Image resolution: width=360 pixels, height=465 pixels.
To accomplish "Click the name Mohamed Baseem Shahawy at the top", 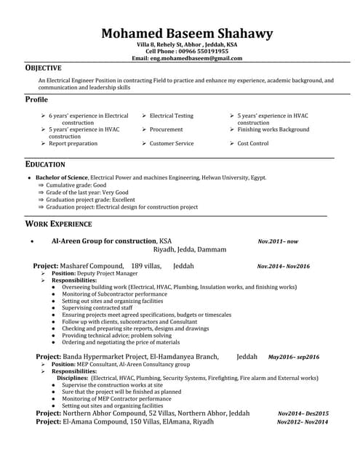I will [187, 34].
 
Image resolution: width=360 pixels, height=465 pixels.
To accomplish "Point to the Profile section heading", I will [36, 99].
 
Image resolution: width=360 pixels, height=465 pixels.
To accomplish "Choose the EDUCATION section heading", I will [45, 164].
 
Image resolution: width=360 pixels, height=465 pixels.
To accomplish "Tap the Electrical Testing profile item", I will [172, 116].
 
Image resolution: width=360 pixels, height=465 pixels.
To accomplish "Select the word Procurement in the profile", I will [167, 129].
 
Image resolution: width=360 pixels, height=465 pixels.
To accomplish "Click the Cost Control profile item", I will [253, 143].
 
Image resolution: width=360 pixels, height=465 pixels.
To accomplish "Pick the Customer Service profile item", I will [172, 143].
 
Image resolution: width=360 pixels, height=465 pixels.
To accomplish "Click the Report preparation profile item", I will [73, 143].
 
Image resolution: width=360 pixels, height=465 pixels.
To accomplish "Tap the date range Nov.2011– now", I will [278, 240].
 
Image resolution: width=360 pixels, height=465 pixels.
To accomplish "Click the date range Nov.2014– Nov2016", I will [284, 267].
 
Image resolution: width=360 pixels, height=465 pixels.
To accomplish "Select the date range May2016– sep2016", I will [294, 357].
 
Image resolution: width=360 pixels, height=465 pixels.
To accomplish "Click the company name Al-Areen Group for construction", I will [104, 240].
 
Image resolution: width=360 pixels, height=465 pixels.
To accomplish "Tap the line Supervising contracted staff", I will [97, 307].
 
